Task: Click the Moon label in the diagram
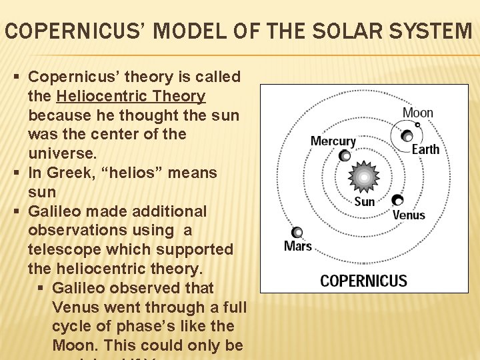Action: click(x=418, y=113)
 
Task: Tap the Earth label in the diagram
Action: click(x=425, y=149)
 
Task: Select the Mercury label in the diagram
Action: click(x=333, y=141)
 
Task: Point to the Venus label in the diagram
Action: click(x=409, y=215)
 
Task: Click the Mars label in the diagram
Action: click(x=298, y=246)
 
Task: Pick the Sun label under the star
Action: click(x=365, y=201)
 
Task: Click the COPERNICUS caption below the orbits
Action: click(x=363, y=280)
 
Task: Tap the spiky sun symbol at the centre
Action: click(x=364, y=177)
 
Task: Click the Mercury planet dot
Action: click(x=344, y=156)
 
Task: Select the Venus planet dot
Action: click(x=397, y=199)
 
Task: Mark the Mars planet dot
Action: click(x=297, y=232)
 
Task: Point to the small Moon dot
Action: click(x=417, y=124)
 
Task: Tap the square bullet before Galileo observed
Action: click(x=42, y=288)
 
